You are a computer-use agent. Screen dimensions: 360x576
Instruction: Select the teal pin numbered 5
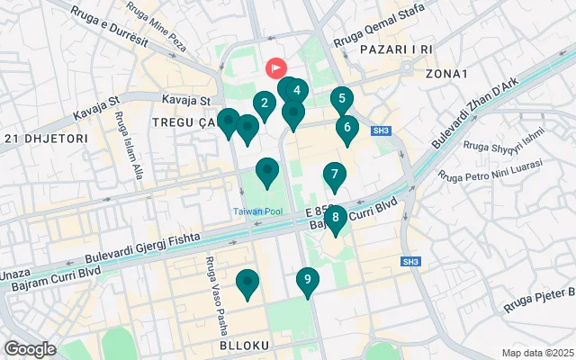(x=341, y=100)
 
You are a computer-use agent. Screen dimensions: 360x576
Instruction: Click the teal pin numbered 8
(x=335, y=217)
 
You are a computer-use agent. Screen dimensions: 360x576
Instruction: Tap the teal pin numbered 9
(x=308, y=281)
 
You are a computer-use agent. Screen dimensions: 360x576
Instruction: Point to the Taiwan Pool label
(x=259, y=211)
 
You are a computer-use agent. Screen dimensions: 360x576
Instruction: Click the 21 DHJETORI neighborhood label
(x=45, y=138)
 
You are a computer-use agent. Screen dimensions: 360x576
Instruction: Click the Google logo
(x=30, y=348)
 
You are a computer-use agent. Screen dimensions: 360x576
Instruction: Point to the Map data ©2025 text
(x=536, y=353)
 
